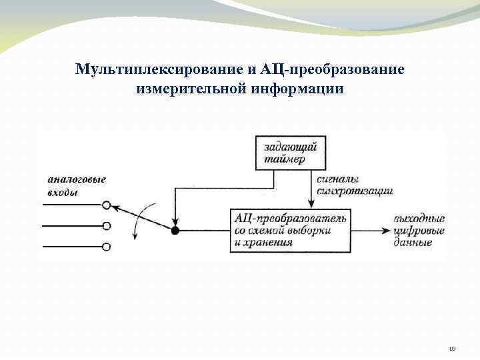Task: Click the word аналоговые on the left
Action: click(x=76, y=179)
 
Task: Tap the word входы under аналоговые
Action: click(x=62, y=193)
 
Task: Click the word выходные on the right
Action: click(x=419, y=218)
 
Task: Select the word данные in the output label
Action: click(x=413, y=243)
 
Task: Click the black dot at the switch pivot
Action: click(x=175, y=231)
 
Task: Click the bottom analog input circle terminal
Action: click(x=106, y=247)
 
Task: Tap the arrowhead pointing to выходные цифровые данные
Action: click(x=387, y=231)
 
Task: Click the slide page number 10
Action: click(x=451, y=348)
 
